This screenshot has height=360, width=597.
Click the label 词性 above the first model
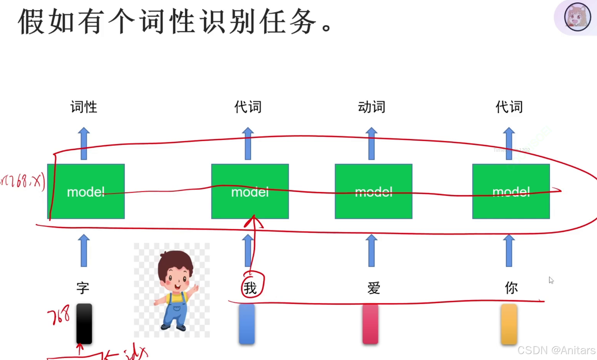click(x=83, y=107)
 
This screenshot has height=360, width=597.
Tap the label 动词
click(x=371, y=107)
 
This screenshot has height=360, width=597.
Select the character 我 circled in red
click(x=250, y=288)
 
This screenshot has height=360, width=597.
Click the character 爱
click(x=374, y=288)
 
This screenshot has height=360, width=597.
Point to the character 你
click(x=511, y=288)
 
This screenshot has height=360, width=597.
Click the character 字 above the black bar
click(x=83, y=288)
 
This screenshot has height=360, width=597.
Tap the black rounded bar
click(x=84, y=324)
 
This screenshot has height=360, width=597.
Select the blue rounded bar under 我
click(x=247, y=324)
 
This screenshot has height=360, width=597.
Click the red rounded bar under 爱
click(x=370, y=324)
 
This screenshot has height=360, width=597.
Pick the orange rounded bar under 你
click(x=509, y=324)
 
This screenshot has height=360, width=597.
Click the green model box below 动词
click(x=374, y=191)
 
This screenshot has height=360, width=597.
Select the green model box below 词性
click(x=86, y=191)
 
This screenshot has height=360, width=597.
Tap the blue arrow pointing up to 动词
click(x=371, y=143)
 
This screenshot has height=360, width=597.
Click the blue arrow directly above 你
click(x=509, y=250)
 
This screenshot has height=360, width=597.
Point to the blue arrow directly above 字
click(x=84, y=250)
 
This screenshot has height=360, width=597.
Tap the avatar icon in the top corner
click(x=577, y=17)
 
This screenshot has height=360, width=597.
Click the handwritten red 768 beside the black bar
click(x=59, y=315)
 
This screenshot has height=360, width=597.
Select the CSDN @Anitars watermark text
click(x=556, y=350)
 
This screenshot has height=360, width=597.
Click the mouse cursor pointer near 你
click(x=551, y=280)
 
